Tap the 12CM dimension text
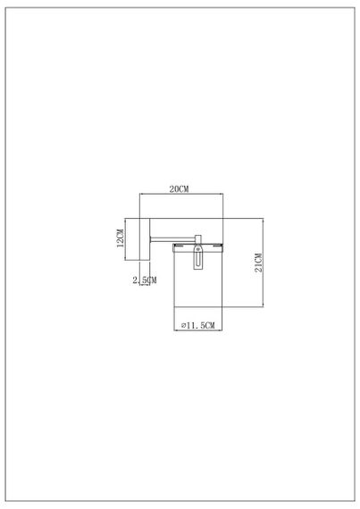(120, 238)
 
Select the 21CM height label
(258, 265)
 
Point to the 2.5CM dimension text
(144, 280)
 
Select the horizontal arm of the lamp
(169, 238)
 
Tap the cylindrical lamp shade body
(197, 286)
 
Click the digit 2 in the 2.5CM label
(134, 280)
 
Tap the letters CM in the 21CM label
(258, 259)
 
